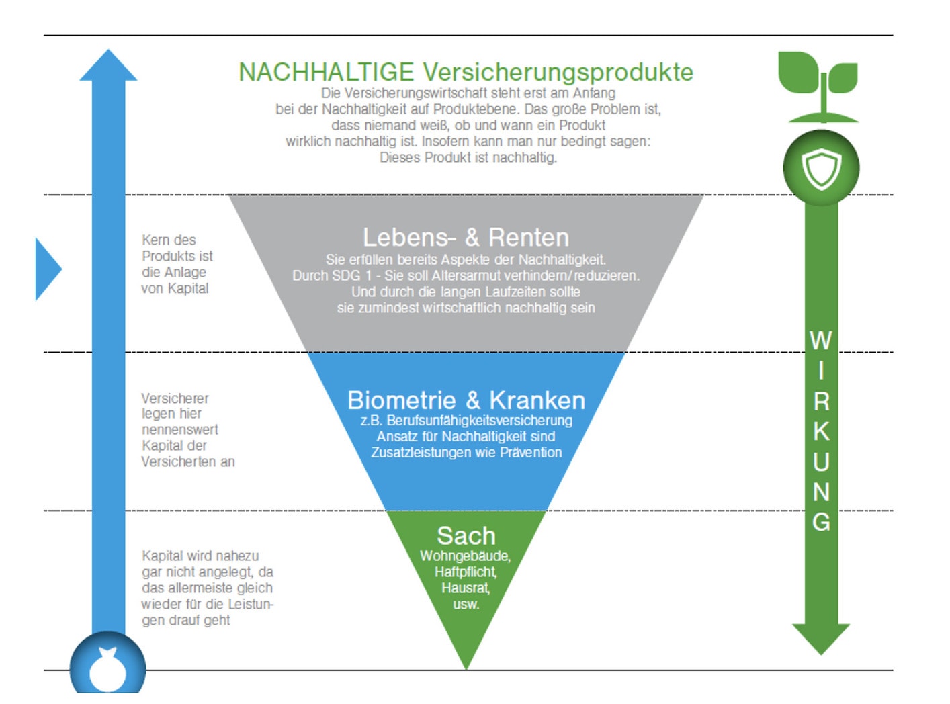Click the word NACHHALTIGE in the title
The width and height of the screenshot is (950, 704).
[x=326, y=72]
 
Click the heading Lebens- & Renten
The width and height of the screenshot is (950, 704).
[x=466, y=237]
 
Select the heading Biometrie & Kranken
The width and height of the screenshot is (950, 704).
[x=466, y=400]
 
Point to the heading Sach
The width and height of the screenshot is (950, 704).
[x=466, y=535]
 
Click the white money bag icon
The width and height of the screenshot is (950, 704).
[x=107, y=669]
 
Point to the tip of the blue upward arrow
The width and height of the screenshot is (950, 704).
[x=108, y=50]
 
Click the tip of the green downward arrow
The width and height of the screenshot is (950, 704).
[x=820, y=654]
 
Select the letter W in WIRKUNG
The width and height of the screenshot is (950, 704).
[x=820, y=341]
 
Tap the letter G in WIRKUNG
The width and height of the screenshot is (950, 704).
[x=821, y=521]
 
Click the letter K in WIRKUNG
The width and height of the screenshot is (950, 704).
[x=821, y=431]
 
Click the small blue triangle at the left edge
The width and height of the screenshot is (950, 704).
[x=48, y=269]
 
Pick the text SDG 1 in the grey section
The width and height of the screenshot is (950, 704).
[x=347, y=276]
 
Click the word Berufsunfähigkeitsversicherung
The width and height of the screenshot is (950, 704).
[x=479, y=421]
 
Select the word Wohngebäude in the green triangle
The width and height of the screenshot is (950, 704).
[x=465, y=556]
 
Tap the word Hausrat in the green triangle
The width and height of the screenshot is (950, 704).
[x=465, y=588]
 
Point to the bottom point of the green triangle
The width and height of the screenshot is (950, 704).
[x=466, y=669]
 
